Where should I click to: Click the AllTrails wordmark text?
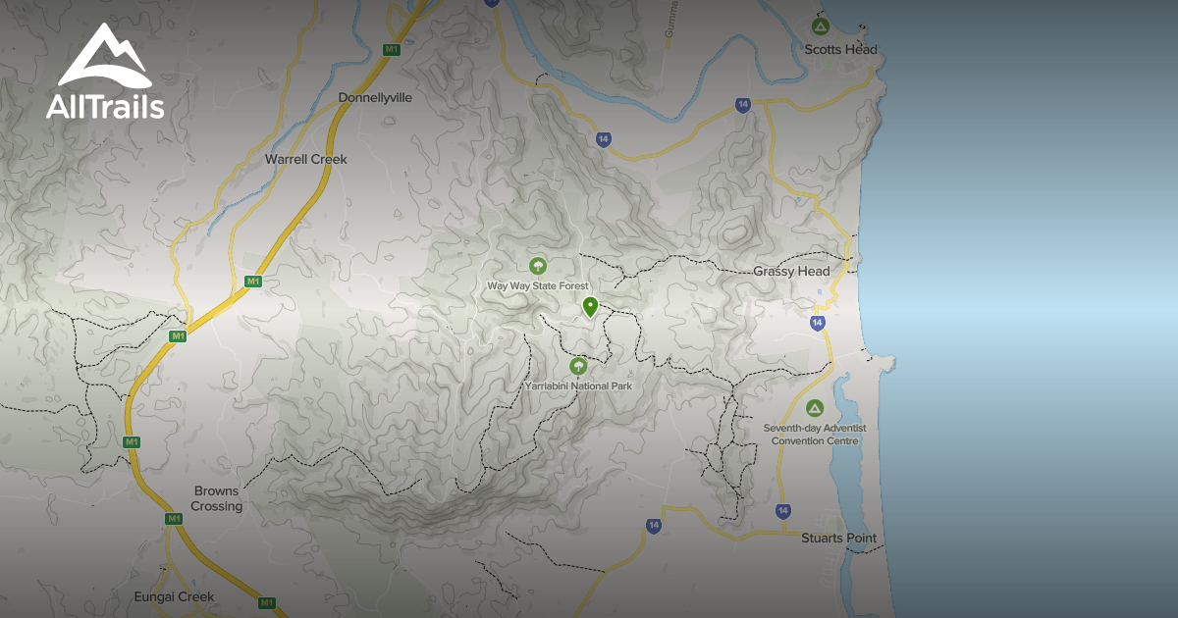coord(105,106)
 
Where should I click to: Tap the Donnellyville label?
coord(375,98)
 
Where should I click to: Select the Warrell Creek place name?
coord(306,159)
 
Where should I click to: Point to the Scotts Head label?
coord(840,50)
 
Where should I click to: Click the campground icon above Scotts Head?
coord(820,26)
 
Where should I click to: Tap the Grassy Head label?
coord(791,271)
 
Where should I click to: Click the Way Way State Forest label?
coord(537,285)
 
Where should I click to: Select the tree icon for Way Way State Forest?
coord(537,265)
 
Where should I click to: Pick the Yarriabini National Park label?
coord(578,386)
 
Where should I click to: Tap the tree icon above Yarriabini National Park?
coord(578,366)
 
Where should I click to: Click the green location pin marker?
coord(590,307)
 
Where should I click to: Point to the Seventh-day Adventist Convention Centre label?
coord(815,435)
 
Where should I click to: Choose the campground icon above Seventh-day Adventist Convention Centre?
coord(814,408)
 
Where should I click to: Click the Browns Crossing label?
coord(216,498)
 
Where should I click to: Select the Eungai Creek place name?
coord(174,596)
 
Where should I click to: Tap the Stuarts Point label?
coord(838,539)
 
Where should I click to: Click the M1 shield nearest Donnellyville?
coord(392,49)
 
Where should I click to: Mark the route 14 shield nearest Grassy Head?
coord(818,323)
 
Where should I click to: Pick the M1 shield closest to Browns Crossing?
coord(174,519)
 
